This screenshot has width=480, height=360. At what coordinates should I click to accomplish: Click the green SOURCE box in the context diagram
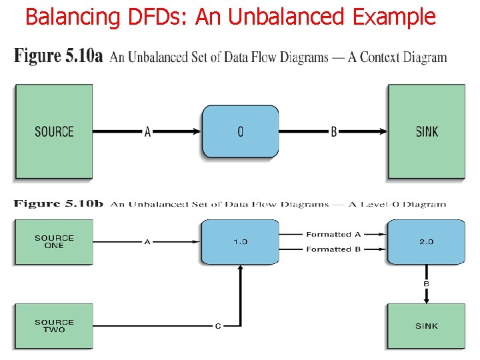[x=53, y=131]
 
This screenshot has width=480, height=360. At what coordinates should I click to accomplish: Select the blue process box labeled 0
[x=240, y=131]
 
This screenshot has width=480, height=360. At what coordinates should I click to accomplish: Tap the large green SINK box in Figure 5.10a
[x=427, y=131]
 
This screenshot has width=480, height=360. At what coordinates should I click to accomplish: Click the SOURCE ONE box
[x=53, y=241]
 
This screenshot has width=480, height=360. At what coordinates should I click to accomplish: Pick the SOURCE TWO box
[x=53, y=326]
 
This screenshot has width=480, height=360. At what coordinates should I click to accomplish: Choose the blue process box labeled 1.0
[x=240, y=241]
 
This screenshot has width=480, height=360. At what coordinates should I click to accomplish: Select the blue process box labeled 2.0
[x=427, y=241]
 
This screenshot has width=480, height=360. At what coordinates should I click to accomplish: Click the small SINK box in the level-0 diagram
[x=427, y=326]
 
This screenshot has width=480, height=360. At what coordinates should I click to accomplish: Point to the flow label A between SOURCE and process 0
[x=147, y=132]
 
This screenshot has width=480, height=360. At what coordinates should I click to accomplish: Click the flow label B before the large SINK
[x=334, y=132]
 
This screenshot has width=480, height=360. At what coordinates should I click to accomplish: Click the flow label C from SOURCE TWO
[x=217, y=326]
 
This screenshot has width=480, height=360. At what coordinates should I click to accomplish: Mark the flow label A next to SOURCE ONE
[x=147, y=242]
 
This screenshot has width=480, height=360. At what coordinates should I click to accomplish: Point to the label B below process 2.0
[x=427, y=284]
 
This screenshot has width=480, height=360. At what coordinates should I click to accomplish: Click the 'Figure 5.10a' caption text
[x=59, y=56]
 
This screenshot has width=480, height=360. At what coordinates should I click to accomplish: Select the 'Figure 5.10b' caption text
[x=59, y=204]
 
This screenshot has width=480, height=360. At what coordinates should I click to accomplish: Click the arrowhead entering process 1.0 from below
[x=240, y=267]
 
